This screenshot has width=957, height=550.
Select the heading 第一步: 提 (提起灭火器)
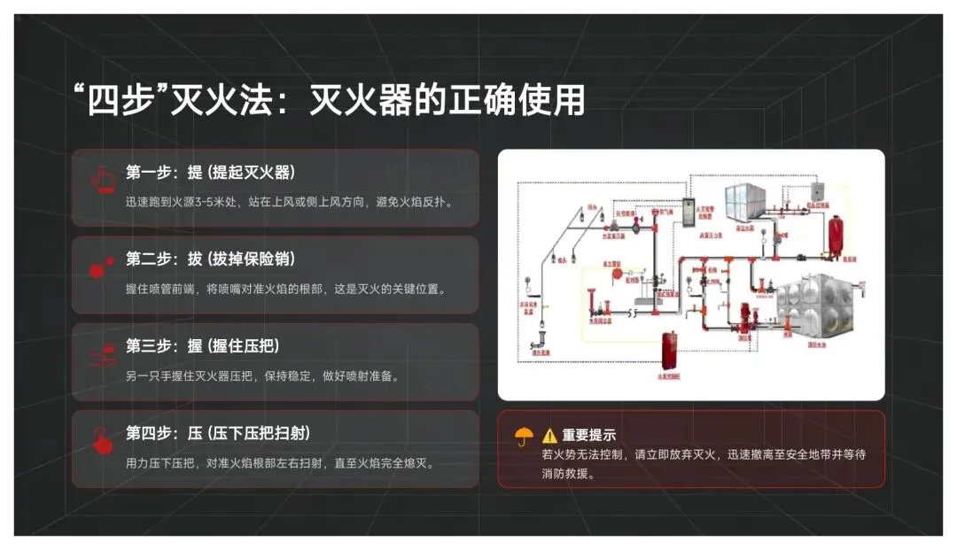point(210,172)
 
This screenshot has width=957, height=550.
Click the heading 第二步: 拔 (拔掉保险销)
point(210,259)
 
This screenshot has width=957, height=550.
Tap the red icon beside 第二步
point(101,268)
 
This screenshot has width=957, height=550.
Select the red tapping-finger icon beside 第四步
point(101,441)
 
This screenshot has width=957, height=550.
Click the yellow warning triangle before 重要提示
point(550,436)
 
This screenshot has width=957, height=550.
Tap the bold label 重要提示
point(589,436)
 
